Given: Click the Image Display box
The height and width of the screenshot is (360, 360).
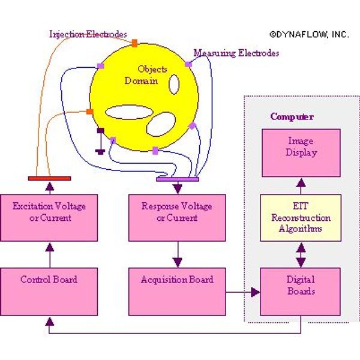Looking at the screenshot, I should pos(300,152).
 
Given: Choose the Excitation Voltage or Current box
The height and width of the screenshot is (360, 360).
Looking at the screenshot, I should pos(49,217).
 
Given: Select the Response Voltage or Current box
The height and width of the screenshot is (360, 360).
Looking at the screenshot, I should pos(177,217).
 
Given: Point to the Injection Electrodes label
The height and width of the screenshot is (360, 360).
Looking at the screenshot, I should pos(88,34).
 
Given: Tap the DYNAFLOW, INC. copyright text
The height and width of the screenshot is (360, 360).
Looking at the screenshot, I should pos(308,35).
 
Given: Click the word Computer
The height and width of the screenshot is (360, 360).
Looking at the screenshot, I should pos(292,116).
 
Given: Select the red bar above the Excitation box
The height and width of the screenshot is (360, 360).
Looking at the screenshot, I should pos(49,178).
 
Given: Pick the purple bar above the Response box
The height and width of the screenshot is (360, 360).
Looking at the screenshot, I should pos(177,179).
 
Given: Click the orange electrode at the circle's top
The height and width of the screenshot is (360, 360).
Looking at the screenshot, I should pos(134,43).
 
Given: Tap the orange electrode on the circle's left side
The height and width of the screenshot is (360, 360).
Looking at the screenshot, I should pos(89,112).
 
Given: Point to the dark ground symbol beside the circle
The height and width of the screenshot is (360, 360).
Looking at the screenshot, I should pos(100,141).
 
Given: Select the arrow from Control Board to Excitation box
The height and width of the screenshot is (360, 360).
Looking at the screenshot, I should pos(49,254).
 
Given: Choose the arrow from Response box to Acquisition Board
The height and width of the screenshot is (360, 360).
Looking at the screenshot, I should pos(177,254).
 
